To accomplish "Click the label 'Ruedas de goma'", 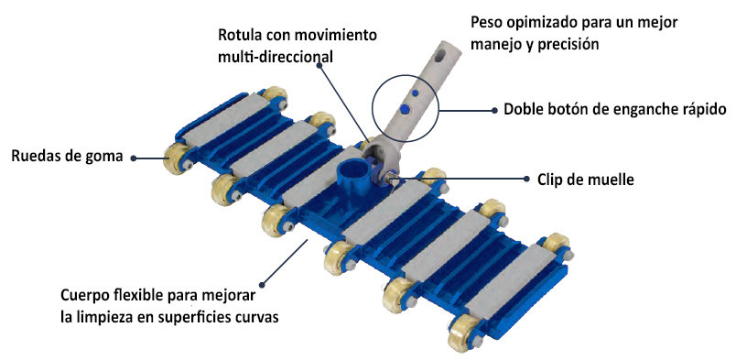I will (x=66, y=157).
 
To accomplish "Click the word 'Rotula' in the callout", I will (x=240, y=36).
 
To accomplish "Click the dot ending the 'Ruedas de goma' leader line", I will (x=134, y=158).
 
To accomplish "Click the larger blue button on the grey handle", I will (x=404, y=108).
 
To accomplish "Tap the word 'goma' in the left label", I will (x=104, y=157).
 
